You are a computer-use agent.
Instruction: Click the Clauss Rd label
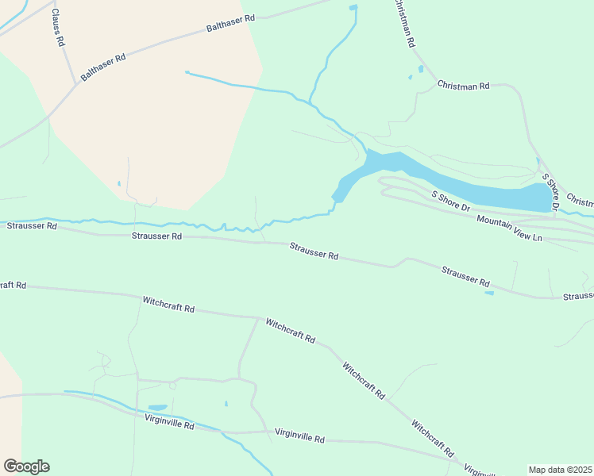click(57, 29)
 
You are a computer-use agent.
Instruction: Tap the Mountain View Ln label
click(509, 227)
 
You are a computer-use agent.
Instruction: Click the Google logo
click(26, 466)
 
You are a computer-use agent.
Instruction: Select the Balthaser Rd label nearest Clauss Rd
click(103, 68)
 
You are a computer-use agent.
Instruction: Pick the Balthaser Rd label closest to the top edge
click(230, 23)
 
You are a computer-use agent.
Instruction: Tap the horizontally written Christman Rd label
click(463, 85)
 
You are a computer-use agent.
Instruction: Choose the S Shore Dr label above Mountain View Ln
click(450, 201)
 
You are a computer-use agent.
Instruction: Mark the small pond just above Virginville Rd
click(157, 408)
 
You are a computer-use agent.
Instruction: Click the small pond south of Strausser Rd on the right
click(488, 294)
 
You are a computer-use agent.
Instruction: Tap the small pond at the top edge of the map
click(353, 8)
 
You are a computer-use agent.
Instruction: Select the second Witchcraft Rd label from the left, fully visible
click(291, 330)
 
